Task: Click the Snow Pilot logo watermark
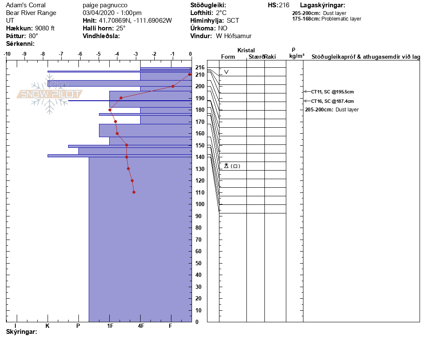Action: click(x=49, y=94)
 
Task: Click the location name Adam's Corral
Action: click(x=26, y=5)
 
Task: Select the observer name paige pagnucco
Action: click(x=105, y=5)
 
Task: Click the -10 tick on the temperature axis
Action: click(x=7, y=54)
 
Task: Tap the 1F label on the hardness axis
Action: click(x=110, y=326)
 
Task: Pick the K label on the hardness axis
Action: click(x=48, y=326)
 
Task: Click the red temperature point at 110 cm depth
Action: click(x=134, y=192)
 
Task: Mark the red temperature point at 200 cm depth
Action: click(x=173, y=86)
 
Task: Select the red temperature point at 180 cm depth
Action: click(x=110, y=110)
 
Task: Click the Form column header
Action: click(x=228, y=57)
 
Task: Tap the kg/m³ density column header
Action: click(x=297, y=56)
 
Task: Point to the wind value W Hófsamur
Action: click(x=234, y=36)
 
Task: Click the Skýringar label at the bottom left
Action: click(x=21, y=332)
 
